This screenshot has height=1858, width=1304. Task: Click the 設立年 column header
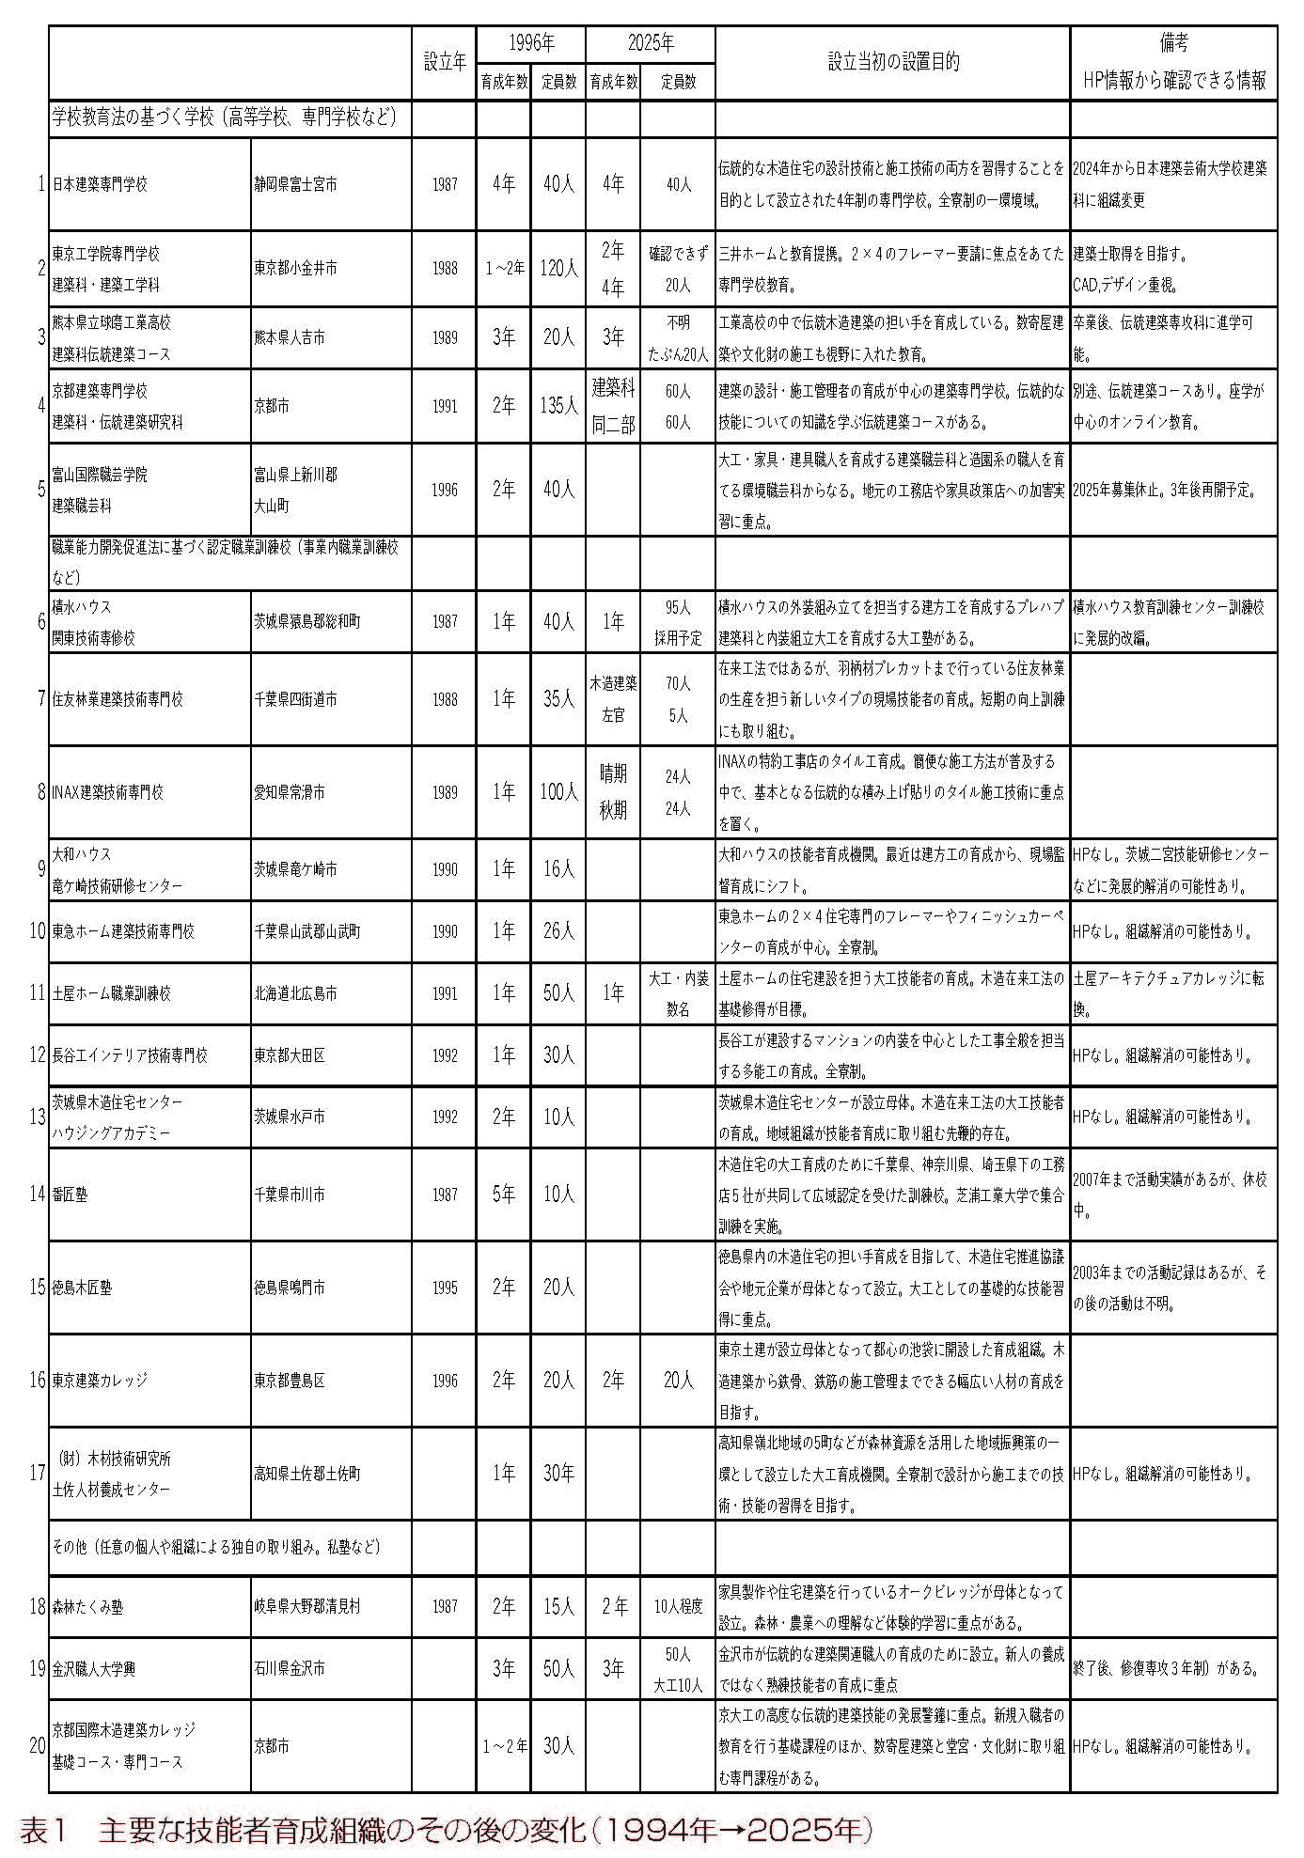444,63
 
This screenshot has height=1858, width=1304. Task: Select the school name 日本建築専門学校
101,184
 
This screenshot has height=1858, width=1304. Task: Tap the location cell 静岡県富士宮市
295,184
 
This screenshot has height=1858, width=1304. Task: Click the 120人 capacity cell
558,269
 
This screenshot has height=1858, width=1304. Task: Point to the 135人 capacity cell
558,406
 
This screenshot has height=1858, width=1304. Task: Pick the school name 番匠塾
71,1194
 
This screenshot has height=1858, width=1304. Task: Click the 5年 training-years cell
504,1194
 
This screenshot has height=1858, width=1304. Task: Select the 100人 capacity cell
558,792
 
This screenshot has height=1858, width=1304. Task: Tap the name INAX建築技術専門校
107,792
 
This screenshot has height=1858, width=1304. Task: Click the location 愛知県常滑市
290,792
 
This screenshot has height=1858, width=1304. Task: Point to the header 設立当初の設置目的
892,63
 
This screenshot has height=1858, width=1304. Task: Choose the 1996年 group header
531,43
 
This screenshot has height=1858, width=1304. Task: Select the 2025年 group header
651,43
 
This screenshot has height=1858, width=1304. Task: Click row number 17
38,1474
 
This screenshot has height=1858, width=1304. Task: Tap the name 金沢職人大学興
94,1668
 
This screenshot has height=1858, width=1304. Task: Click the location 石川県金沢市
290,1668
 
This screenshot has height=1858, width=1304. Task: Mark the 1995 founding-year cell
445,1288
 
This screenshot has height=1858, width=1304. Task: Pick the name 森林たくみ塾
87,1606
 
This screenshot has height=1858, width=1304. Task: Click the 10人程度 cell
678,1606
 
